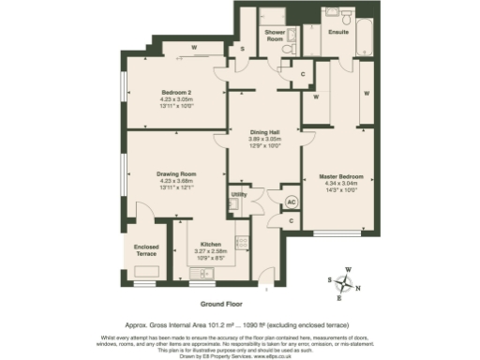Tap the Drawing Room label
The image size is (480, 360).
[175, 174]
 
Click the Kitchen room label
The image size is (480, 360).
[210, 244]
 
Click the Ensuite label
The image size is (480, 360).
[338, 31]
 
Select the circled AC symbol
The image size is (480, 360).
[291, 202]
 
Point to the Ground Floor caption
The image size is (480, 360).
[222, 305]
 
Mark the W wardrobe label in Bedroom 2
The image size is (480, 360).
[193, 47]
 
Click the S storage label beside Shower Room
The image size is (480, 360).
[242, 49]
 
